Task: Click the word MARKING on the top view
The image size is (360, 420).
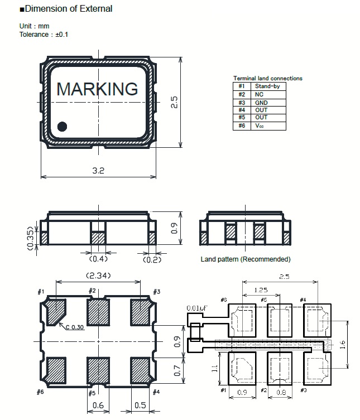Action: (97, 89)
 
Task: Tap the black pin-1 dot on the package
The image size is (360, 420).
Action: (62, 127)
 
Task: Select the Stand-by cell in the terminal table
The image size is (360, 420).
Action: (267, 86)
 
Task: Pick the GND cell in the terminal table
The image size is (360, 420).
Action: (261, 103)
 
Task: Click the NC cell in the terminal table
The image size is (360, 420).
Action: (259, 95)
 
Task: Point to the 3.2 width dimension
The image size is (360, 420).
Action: (98, 171)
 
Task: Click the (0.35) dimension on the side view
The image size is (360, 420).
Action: (31, 238)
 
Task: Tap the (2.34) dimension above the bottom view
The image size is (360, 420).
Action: (98, 276)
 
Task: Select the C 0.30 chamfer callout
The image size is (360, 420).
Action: (75, 327)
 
